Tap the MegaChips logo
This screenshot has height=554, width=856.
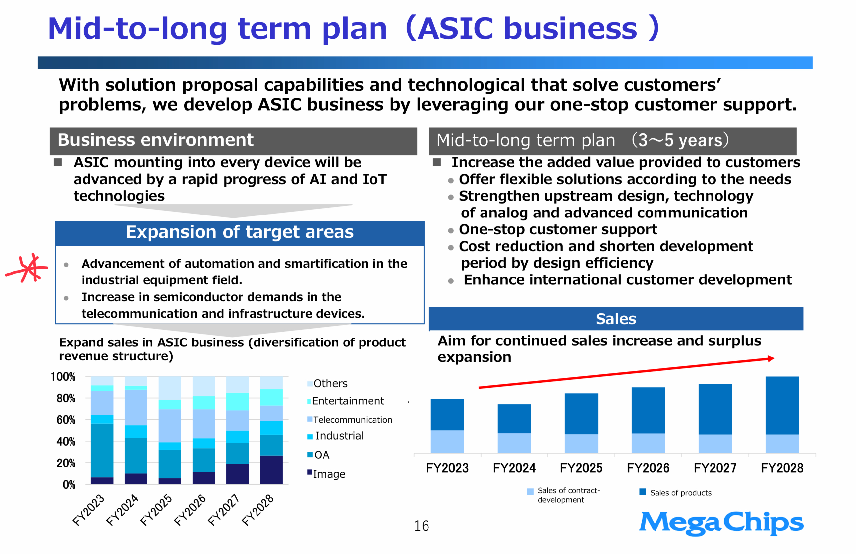pyautogui.click(x=721, y=523)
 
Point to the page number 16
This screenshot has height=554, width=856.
pyautogui.click(x=421, y=526)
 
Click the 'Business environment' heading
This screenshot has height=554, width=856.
pyautogui.click(x=155, y=140)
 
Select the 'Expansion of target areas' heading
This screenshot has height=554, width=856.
pyautogui.click(x=240, y=232)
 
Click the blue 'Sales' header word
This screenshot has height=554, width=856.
pyautogui.click(x=616, y=319)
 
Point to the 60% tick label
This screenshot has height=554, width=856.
pyautogui.click(x=66, y=420)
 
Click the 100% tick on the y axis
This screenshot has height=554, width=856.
pyautogui.click(x=63, y=377)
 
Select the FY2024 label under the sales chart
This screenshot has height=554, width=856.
pyautogui.click(x=514, y=468)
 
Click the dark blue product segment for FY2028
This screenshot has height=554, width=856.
pyautogui.click(x=782, y=405)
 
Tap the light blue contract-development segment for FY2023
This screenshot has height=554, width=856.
pyautogui.click(x=447, y=441)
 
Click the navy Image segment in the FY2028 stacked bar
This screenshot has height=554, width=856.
pyautogui.click(x=271, y=470)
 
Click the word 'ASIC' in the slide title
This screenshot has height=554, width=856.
pyautogui.click(x=455, y=29)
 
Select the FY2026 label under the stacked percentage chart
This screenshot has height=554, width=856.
pyautogui.click(x=190, y=510)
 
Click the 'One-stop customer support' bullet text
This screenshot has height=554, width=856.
pyautogui.click(x=558, y=229)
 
